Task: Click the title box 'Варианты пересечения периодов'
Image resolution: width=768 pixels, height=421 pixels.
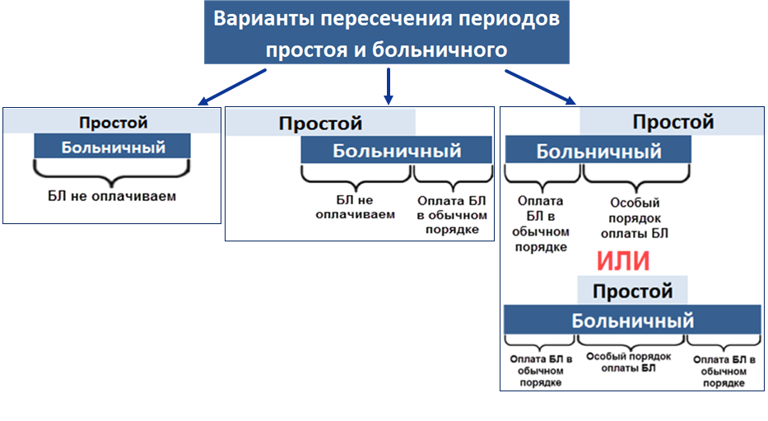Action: coord(386,33)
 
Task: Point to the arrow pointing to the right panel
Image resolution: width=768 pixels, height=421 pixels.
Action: coord(540,87)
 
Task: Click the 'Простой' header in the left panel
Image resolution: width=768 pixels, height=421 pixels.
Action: coord(113,123)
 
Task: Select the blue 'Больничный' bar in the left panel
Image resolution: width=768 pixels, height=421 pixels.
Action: coord(113,147)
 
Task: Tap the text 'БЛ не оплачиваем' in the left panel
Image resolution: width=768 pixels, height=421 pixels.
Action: coord(112,197)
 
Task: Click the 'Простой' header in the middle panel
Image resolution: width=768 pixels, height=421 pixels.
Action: coord(320,124)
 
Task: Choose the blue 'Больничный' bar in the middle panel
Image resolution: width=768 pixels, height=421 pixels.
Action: coord(396,151)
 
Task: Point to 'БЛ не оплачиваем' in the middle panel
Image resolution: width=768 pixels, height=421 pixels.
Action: coord(355,207)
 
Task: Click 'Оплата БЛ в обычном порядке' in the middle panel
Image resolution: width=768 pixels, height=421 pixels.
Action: coord(452,214)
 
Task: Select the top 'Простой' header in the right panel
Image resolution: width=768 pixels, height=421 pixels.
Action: coord(673,122)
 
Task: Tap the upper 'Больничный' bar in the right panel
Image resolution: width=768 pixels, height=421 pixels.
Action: coord(598,152)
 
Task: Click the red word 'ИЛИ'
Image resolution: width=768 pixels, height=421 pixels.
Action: coord(623,261)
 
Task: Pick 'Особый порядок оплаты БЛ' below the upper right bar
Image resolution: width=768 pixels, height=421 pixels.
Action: coord(635,218)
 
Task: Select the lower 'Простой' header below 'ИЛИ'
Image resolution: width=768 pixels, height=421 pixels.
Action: coord(632,291)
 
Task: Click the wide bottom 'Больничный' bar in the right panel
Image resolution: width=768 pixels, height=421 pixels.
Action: coord(632,320)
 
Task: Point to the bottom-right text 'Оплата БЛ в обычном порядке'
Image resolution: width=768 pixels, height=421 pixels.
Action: coord(719,371)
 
